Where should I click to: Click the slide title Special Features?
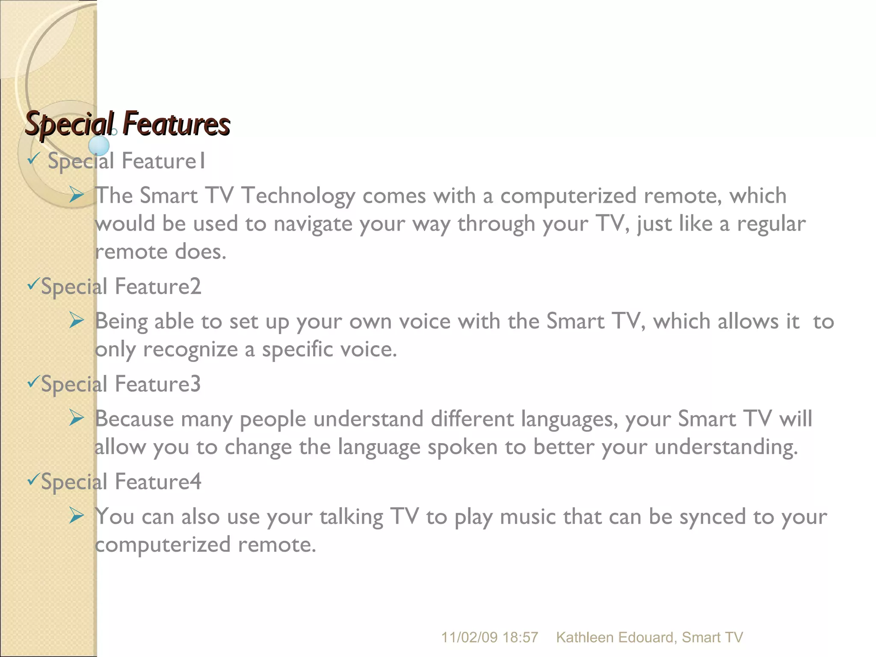(x=127, y=124)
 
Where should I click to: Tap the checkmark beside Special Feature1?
(x=33, y=159)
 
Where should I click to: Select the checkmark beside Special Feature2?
(x=33, y=284)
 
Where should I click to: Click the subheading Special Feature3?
(x=121, y=384)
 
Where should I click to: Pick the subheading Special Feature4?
(x=121, y=482)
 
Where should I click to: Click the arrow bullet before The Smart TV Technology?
(x=77, y=195)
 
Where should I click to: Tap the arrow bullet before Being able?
(x=77, y=321)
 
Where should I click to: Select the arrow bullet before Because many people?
(x=77, y=418)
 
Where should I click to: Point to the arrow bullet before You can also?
(x=77, y=516)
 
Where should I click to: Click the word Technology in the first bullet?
(x=298, y=196)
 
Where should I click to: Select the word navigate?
(x=313, y=224)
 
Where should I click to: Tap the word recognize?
(x=190, y=349)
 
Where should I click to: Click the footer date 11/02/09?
(x=469, y=637)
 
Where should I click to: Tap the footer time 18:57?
(x=520, y=637)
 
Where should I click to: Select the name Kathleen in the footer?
(x=584, y=637)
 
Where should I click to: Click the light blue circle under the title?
(x=99, y=145)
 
